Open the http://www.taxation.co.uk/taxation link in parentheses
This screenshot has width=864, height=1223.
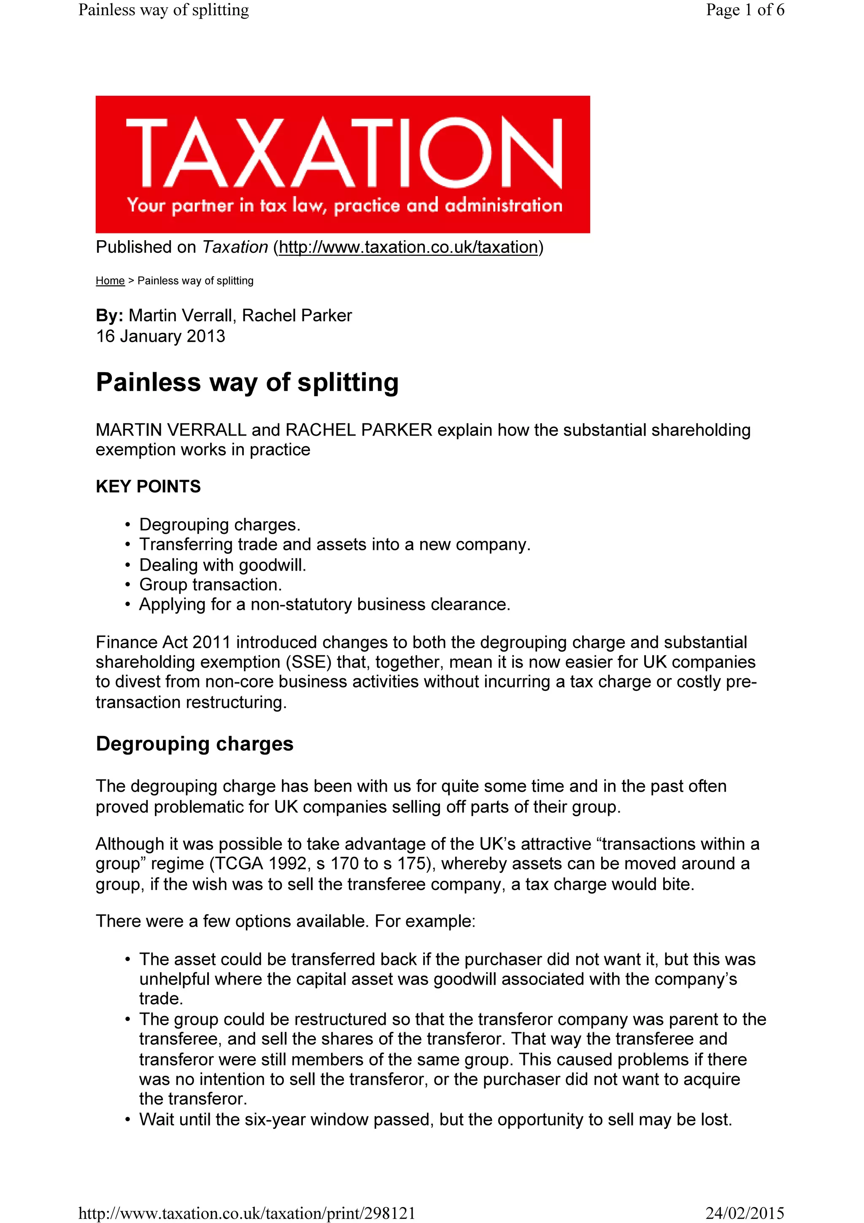(x=408, y=247)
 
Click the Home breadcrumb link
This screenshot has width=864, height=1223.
(x=110, y=281)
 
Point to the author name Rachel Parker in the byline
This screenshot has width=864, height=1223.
(x=297, y=315)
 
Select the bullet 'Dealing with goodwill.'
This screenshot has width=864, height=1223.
(x=222, y=565)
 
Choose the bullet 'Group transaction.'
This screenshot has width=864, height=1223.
(x=210, y=584)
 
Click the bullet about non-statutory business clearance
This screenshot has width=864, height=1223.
(x=324, y=605)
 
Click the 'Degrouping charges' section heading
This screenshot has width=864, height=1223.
(x=194, y=744)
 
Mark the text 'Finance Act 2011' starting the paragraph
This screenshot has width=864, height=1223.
(x=163, y=642)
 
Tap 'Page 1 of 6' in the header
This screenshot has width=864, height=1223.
(x=745, y=10)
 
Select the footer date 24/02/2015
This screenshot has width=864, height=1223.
(x=745, y=1213)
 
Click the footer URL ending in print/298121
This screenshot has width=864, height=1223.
(x=246, y=1213)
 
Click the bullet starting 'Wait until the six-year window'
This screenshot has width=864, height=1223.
(x=435, y=1119)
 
